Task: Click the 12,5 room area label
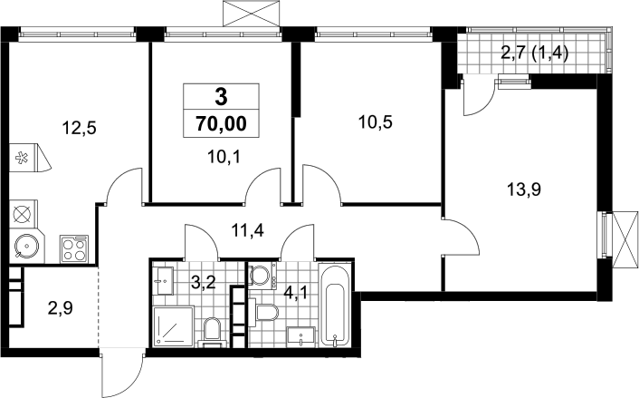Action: tap(79, 128)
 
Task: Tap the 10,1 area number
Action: tap(224, 156)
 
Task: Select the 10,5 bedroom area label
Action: tap(376, 121)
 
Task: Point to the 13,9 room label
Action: tap(524, 189)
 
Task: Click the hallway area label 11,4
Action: tap(247, 230)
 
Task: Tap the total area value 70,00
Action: tap(221, 123)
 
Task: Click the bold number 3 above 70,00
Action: tap(221, 97)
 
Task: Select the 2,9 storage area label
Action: tap(61, 308)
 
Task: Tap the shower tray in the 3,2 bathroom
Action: tap(173, 326)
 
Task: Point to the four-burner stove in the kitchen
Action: tap(74, 248)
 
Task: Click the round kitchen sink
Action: tap(27, 246)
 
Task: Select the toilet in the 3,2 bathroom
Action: tap(212, 332)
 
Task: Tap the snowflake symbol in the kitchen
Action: tap(21, 157)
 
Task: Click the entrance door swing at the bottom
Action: tap(122, 373)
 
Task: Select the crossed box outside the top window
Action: tap(252, 14)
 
